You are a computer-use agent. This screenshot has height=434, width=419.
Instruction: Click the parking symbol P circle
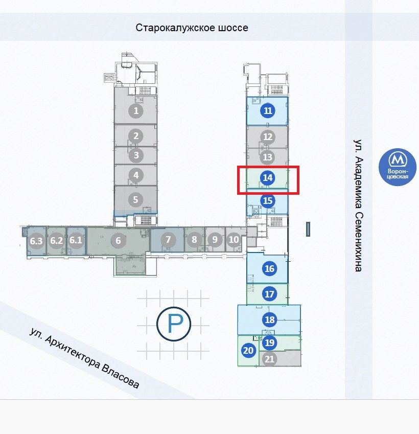pyautogui.click(x=174, y=324)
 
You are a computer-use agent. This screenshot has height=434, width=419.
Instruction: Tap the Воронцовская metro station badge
pyautogui.click(x=398, y=167)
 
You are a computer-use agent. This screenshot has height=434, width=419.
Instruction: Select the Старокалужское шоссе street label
pyautogui.click(x=192, y=28)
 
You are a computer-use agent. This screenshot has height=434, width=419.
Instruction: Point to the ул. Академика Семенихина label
pyautogui.click(x=358, y=205)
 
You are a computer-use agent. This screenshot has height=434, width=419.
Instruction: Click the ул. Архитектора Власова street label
pyautogui.click(x=84, y=358)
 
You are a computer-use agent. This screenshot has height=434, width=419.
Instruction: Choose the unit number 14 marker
pyautogui.click(x=268, y=178)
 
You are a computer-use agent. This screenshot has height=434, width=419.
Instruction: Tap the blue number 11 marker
pyautogui.click(x=268, y=111)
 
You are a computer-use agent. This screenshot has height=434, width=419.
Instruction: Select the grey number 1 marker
pyautogui.click(x=136, y=111)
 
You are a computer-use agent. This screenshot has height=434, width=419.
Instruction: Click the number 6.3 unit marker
pyautogui.click(x=36, y=241)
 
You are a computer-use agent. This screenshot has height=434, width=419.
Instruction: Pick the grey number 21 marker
pyautogui.click(x=269, y=359)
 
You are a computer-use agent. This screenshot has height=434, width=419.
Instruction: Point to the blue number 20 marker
pyautogui.click(x=248, y=350)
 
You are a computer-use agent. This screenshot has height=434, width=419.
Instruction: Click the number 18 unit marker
pyautogui.click(x=270, y=319)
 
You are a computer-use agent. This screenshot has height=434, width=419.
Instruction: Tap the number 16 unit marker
pyautogui.click(x=269, y=268)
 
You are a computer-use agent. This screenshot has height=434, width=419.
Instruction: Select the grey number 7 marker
pyautogui.click(x=168, y=239)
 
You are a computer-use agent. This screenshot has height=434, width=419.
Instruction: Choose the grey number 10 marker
pyautogui.click(x=234, y=239)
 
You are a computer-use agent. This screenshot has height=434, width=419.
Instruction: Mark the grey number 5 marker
pyautogui.click(x=135, y=199)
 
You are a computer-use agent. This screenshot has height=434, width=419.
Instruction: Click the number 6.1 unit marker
pyautogui.click(x=76, y=240)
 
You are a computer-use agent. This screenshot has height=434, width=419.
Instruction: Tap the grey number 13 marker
pyautogui.click(x=267, y=157)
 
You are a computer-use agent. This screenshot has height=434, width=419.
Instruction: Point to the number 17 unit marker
pyautogui.click(x=269, y=294)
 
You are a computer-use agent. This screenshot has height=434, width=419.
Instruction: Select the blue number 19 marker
pyautogui.click(x=269, y=342)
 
